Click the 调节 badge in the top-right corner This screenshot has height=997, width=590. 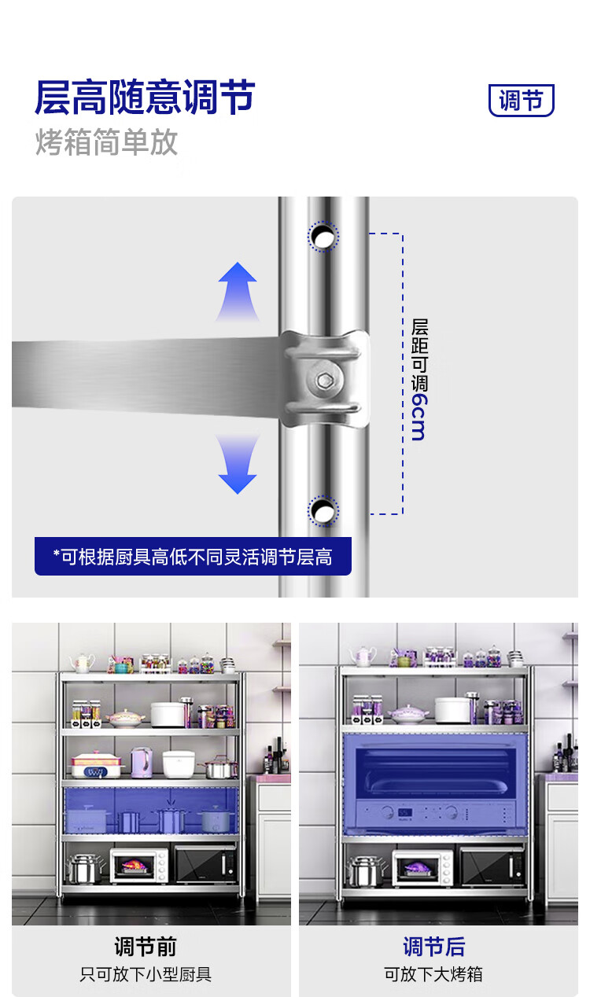click(521, 100)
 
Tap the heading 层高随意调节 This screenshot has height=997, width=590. click(145, 97)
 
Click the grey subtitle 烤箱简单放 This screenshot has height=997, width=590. click(106, 142)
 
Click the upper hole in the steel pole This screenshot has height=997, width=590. click(323, 237)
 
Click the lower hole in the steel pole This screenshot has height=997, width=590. click(323, 510)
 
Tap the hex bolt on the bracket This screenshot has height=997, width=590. click(324, 380)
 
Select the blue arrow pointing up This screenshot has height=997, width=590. click(238, 292)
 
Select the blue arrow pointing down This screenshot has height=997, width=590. click(238, 464)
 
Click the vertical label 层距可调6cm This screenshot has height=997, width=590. click(419, 380)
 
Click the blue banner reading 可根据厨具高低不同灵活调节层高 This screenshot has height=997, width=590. click(193, 557)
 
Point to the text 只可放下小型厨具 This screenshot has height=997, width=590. click(146, 974)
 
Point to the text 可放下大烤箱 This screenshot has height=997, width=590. click(433, 974)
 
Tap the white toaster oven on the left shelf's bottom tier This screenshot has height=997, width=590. click(139, 865)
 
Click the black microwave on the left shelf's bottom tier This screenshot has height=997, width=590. click(205, 864)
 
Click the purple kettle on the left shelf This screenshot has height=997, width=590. click(141, 763)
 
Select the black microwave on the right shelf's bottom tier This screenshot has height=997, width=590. click(491, 866)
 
